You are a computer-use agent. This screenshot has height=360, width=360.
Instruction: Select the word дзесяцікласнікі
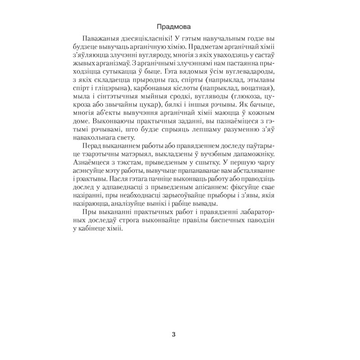(x=154, y=38)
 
